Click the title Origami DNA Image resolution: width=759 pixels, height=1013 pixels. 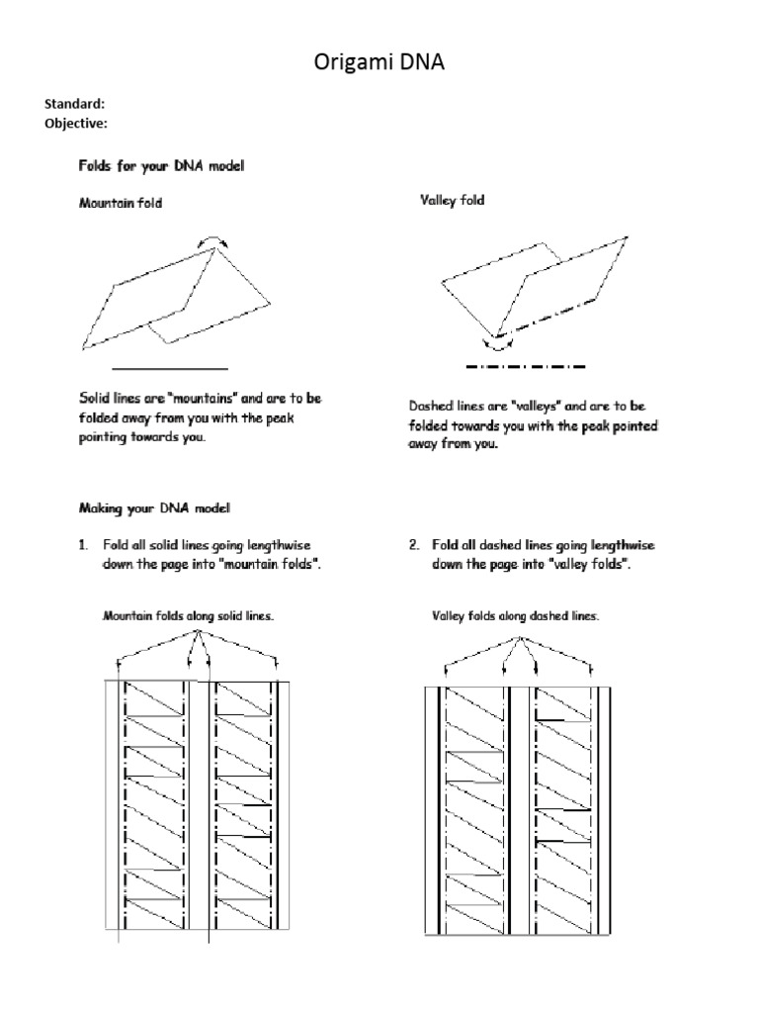(x=379, y=63)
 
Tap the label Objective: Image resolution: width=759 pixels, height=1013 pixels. (x=76, y=123)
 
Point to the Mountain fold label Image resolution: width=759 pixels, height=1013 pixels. (x=121, y=203)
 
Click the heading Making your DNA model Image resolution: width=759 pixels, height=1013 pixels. (x=154, y=508)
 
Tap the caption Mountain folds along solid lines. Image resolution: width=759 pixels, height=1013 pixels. (x=189, y=616)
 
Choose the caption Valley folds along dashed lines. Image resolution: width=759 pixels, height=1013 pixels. (x=516, y=616)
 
